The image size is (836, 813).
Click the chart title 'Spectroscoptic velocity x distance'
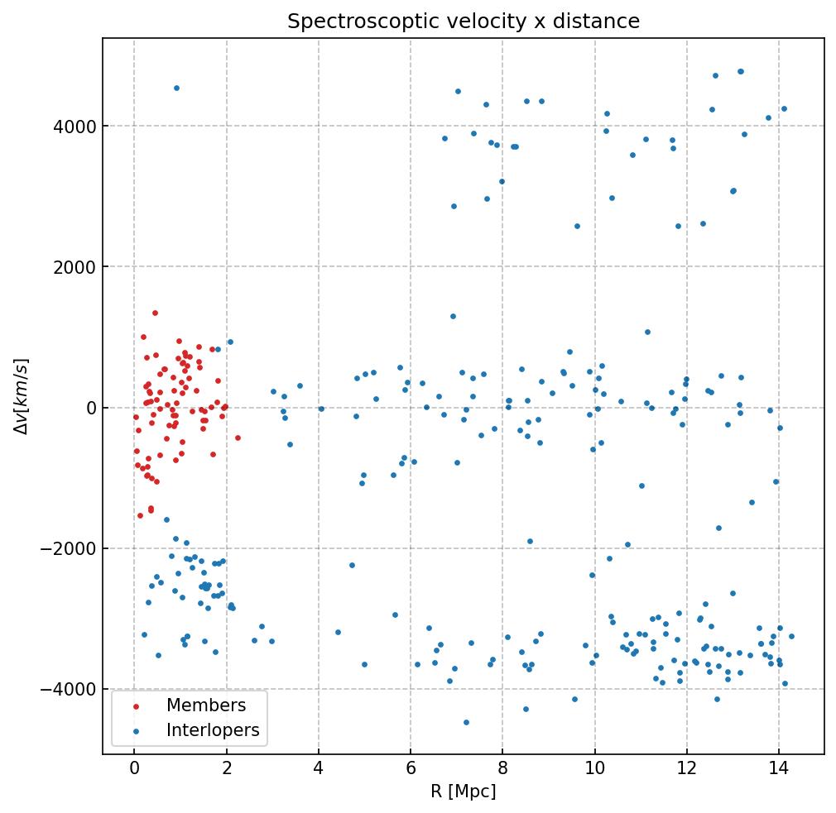pyautogui.click(x=464, y=22)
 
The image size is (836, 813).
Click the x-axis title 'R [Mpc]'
pyautogui.click(x=463, y=791)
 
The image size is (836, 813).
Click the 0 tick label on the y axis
pyautogui.click(x=89, y=408)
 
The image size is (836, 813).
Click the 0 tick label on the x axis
pyautogui.click(x=134, y=769)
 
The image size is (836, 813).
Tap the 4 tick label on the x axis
pyautogui.click(x=318, y=769)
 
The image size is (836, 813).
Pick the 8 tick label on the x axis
pyautogui.click(x=502, y=769)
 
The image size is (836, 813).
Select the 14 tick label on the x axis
pyautogui.click(x=778, y=769)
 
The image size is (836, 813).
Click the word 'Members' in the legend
pyautogui.click(x=206, y=705)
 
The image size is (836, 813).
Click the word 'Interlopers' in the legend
pyautogui.click(x=213, y=730)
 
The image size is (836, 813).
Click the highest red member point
pyautogui.click(x=155, y=313)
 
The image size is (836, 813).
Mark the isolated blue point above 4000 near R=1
pyautogui.click(x=176, y=88)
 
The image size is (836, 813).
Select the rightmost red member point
pyautogui.click(x=238, y=438)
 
